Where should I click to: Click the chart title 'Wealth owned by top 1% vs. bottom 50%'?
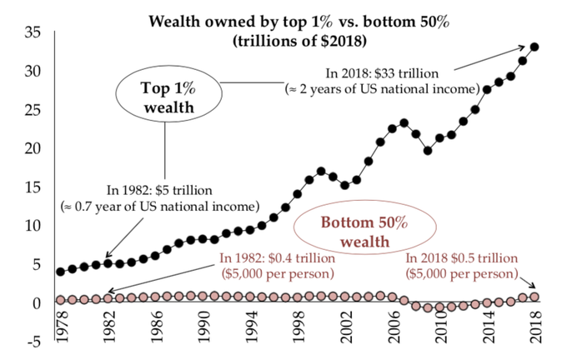tap(299, 21)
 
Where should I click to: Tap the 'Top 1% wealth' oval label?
tap(165, 96)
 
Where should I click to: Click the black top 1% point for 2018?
tap(534, 47)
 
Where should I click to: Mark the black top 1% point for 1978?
tap(60, 272)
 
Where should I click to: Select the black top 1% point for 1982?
tap(108, 263)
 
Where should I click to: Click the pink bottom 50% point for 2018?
tap(534, 297)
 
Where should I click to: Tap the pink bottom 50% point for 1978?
tap(60, 299)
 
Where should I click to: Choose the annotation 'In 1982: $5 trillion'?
tap(159, 191)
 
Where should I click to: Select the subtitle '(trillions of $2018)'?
tap(299, 38)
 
